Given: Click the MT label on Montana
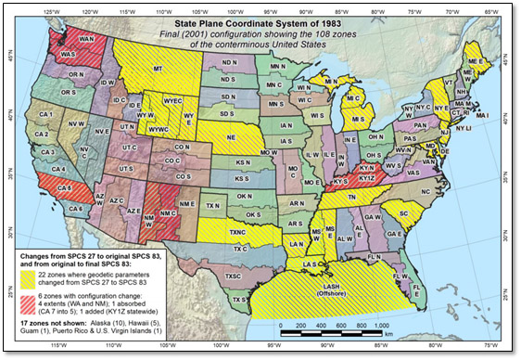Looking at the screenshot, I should pos(158,69).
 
